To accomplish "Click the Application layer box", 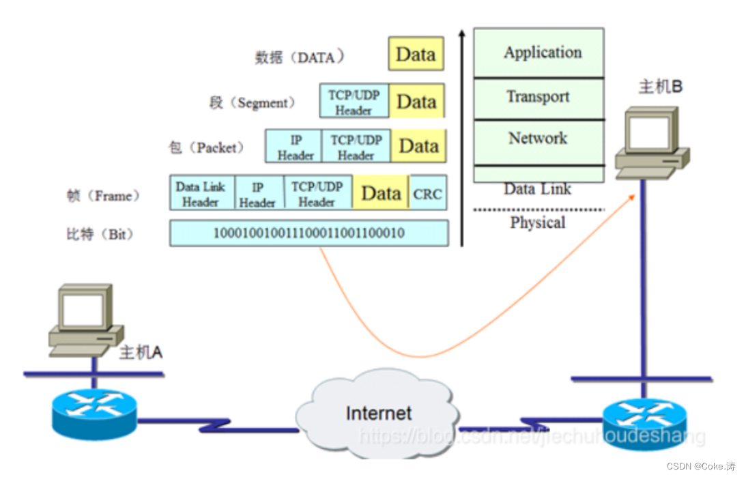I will click(x=539, y=53).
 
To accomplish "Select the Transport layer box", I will click(x=539, y=98).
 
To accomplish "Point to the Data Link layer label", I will click(x=537, y=189).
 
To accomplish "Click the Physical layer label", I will click(x=537, y=222).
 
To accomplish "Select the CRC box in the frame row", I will click(x=427, y=194).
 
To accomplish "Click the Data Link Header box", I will click(x=201, y=193).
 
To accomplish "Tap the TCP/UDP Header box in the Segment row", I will click(x=354, y=101).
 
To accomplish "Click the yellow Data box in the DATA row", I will click(x=416, y=54).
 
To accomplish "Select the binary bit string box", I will click(x=309, y=233).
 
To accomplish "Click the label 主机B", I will click(x=660, y=87).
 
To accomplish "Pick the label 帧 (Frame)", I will click(x=103, y=197).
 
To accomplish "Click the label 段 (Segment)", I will click(x=252, y=103).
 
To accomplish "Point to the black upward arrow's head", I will click(x=462, y=33).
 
